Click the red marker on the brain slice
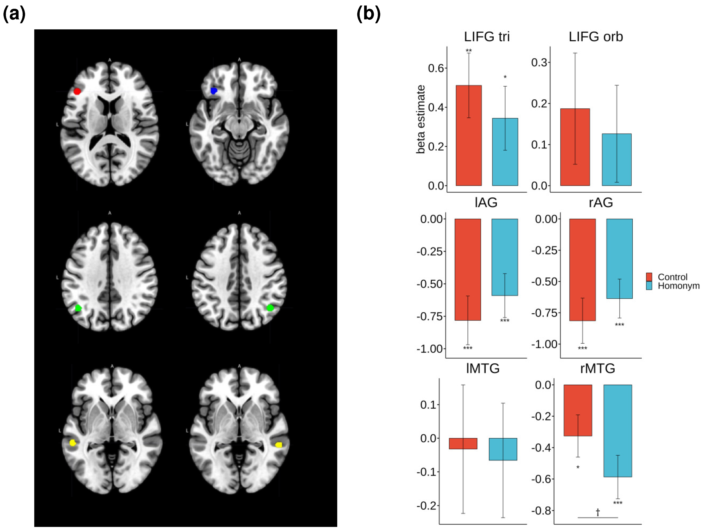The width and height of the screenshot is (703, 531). click(x=77, y=92)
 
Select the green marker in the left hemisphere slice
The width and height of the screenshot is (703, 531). click(x=78, y=308)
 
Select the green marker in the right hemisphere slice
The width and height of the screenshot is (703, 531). click(x=270, y=308)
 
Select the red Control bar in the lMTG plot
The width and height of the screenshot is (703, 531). click(x=463, y=444)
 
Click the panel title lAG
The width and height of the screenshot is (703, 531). click(x=486, y=203)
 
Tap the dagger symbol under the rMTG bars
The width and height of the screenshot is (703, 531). click(x=597, y=512)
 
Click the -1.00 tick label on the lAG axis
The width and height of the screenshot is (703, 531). click(x=430, y=349)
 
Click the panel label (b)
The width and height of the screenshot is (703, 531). click(x=368, y=14)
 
